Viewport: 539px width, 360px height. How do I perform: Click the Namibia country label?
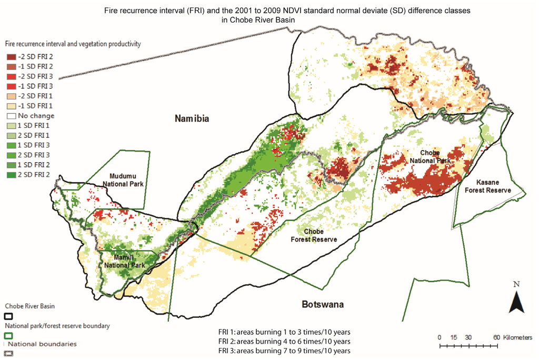click(192, 119)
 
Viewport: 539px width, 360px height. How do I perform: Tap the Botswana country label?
click(323, 305)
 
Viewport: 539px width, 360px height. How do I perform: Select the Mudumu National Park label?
click(127, 179)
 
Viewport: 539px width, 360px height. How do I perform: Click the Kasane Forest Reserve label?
click(487, 186)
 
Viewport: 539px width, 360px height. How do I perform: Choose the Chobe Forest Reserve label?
click(314, 235)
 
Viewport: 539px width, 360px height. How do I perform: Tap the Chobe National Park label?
click(434, 156)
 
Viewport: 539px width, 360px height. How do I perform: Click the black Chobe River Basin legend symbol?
click(8, 316)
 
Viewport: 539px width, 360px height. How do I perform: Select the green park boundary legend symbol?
click(8, 335)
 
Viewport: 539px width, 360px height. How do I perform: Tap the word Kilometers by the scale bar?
click(518, 337)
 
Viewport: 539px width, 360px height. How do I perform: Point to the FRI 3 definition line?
click(284, 351)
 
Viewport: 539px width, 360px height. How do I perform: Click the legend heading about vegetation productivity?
click(72, 45)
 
